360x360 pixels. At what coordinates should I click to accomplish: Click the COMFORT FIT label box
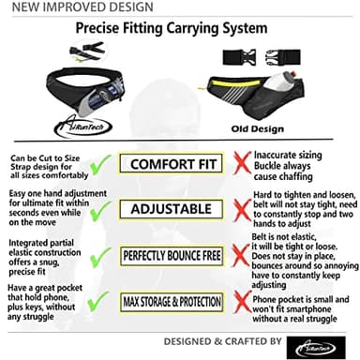click(x=179, y=165)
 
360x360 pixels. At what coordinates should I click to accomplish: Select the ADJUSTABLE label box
click(x=179, y=209)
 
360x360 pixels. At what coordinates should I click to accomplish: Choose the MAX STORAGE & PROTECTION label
click(x=179, y=301)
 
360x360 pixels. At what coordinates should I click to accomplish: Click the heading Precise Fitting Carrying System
click(x=179, y=30)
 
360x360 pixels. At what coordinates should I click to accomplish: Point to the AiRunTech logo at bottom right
click(x=322, y=342)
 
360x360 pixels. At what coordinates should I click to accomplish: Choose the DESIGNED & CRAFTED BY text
click(x=229, y=339)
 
